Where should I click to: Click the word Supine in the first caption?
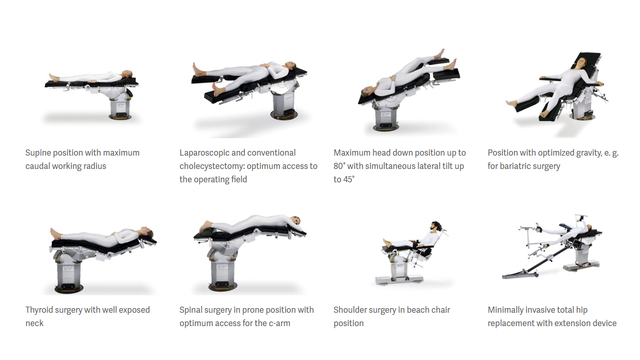(x=38, y=153)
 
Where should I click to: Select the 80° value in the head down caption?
(x=339, y=166)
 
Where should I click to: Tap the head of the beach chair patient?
(x=436, y=226)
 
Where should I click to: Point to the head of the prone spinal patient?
(x=295, y=221)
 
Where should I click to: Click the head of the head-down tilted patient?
(x=366, y=92)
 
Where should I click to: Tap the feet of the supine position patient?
(x=53, y=78)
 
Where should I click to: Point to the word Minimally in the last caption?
(x=507, y=310)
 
